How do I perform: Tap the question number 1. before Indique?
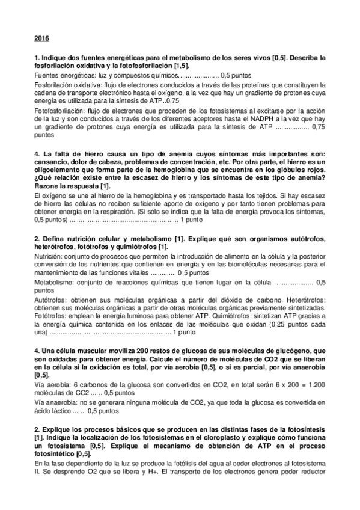pyautogui.click(x=37, y=58)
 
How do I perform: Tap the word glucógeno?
pyautogui.click(x=285, y=350)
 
